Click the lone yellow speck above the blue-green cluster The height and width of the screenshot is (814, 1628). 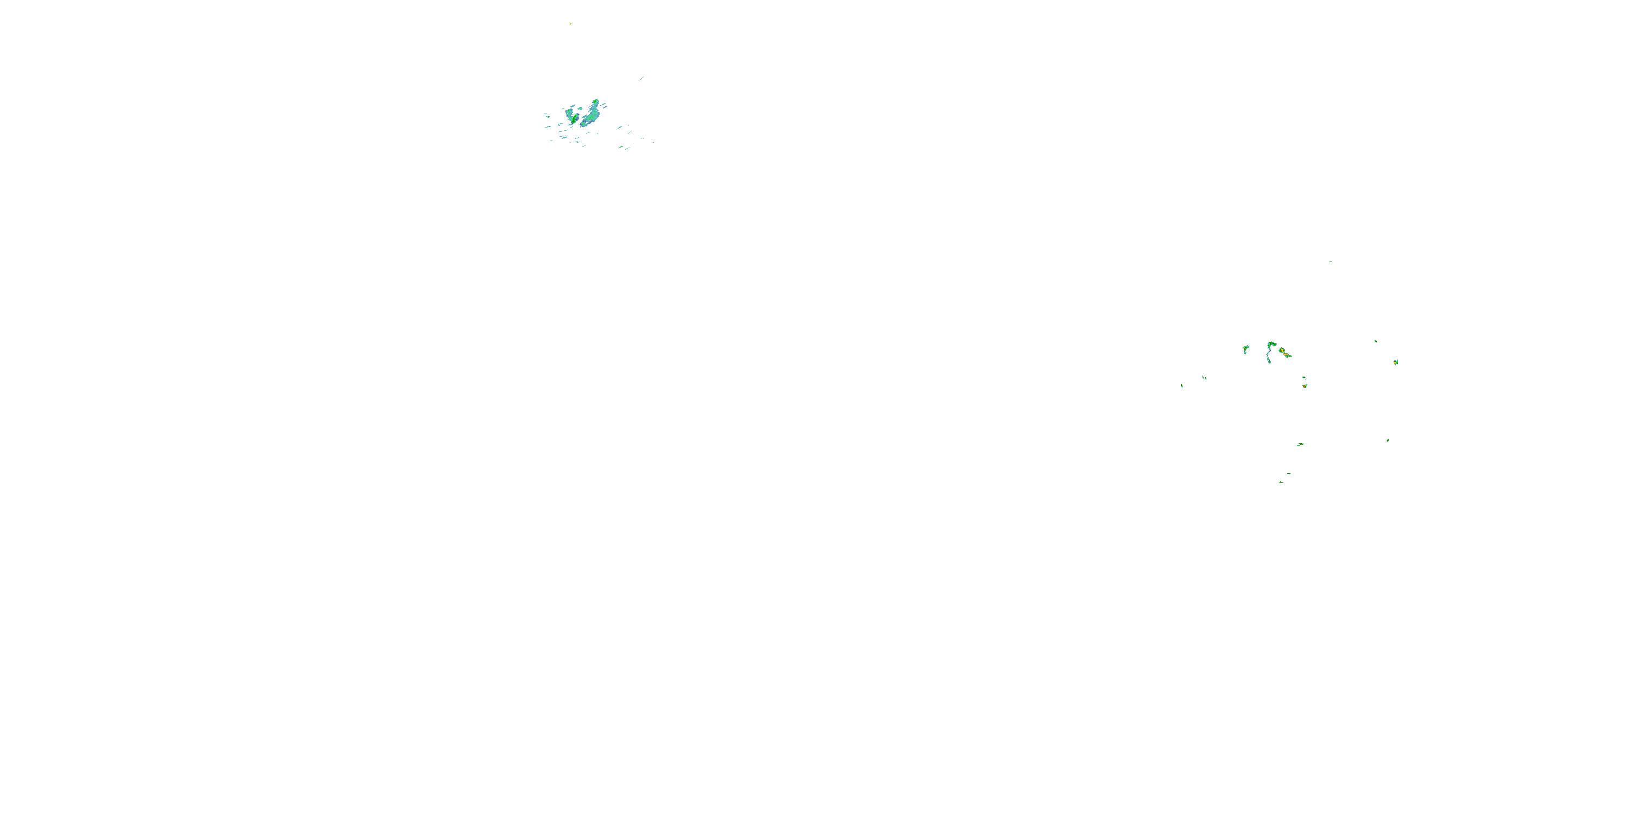tap(571, 23)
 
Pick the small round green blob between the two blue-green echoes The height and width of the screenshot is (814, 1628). tap(580, 109)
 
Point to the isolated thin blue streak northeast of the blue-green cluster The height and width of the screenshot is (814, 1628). tap(641, 78)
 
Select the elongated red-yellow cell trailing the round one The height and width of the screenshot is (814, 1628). tap(1287, 355)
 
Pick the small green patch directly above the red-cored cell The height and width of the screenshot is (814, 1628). tap(1304, 378)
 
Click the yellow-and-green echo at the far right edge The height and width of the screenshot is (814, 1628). tap(1395, 362)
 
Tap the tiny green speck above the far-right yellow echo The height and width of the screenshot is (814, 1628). tap(1376, 341)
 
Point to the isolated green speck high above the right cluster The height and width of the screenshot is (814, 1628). tap(1330, 261)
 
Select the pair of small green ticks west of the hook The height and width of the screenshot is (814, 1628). tap(1204, 378)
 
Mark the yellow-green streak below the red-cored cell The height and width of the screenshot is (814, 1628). tap(1300, 445)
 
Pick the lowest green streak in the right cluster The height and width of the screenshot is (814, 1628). tap(1281, 482)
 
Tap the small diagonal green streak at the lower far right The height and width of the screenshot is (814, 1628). tap(1388, 440)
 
